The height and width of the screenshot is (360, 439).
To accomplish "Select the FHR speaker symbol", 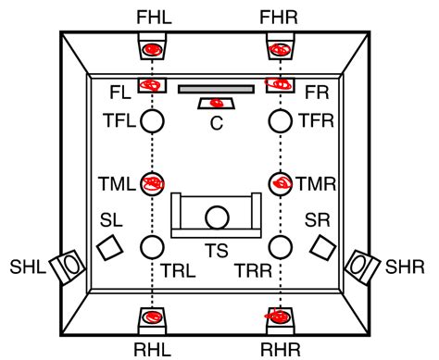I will coord(279,48).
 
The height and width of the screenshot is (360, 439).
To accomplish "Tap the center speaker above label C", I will coord(217,103).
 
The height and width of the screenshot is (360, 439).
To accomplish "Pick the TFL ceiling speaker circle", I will coord(153,120).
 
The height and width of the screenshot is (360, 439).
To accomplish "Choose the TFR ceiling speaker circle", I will coord(279,120).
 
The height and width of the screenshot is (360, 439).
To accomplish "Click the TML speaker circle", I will coord(153,183).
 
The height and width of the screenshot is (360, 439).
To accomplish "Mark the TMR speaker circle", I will coord(279,183).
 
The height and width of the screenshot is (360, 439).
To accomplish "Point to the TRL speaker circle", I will coord(153,246).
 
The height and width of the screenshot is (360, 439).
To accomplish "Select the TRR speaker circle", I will coord(279,246).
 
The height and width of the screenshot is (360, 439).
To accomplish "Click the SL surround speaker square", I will coord(110,247).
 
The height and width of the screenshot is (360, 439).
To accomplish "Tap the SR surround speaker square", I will coord(321,247).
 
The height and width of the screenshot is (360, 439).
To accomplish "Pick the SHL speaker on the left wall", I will coord(69,267).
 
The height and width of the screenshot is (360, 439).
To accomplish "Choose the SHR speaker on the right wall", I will coord(362,267).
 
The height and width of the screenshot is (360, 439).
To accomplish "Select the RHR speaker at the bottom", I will coord(279,318).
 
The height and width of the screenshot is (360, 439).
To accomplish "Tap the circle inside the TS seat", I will coord(217,217).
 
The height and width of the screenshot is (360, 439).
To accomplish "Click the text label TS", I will coord(217,252).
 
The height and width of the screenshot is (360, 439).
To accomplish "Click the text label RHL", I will coord(153,349).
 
